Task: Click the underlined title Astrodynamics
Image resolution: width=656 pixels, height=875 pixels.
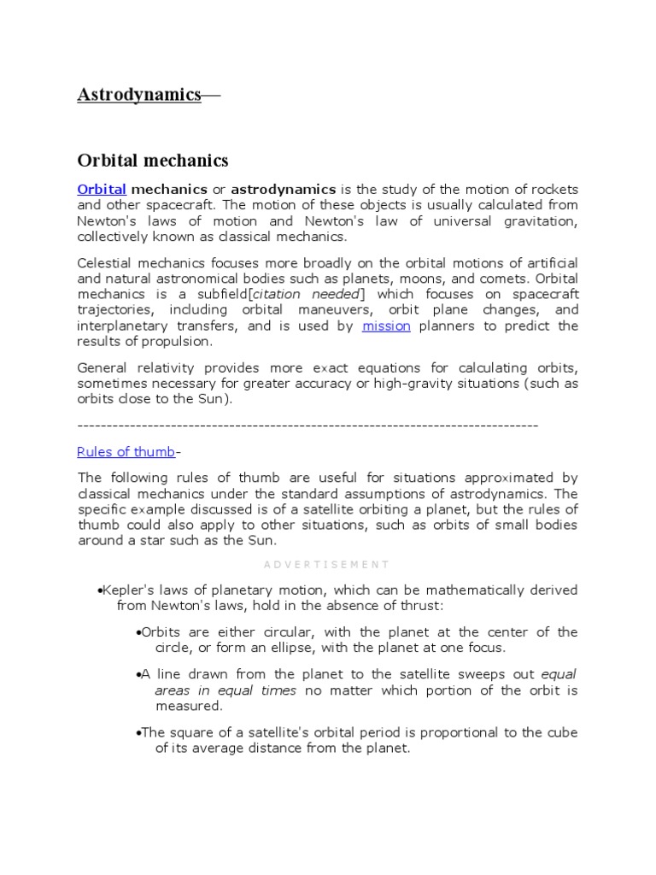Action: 139,95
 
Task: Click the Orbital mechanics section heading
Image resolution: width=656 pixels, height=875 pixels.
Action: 153,161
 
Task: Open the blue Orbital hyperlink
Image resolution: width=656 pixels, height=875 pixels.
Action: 102,189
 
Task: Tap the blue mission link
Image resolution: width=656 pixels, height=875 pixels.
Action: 386,326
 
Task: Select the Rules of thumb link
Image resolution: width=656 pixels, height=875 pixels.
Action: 126,452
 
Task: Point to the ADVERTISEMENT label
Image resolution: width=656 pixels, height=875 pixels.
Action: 327,565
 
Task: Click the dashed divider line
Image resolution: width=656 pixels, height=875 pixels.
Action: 307,425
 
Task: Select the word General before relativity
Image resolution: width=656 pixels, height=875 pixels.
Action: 102,367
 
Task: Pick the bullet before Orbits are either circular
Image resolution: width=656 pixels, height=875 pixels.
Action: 138,632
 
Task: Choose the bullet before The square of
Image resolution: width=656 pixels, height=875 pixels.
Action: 138,732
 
